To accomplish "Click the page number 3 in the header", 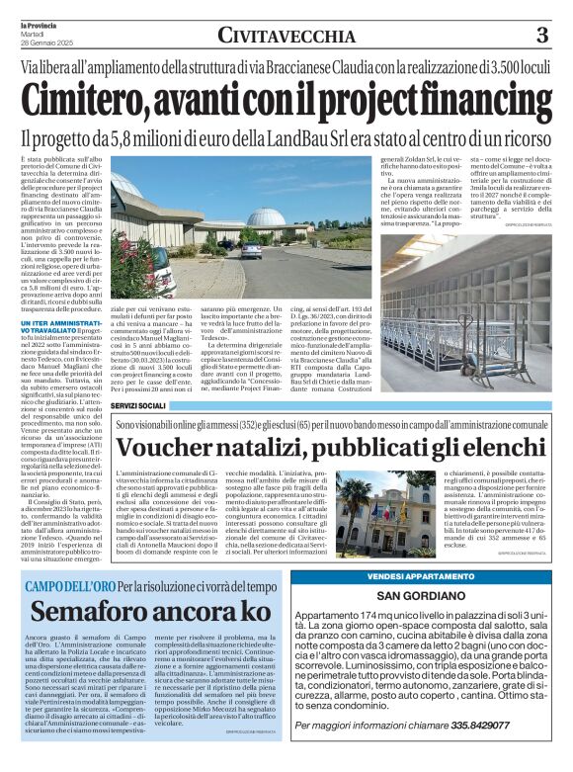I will pos(541,37).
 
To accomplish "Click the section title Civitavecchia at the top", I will pos(286,37).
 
